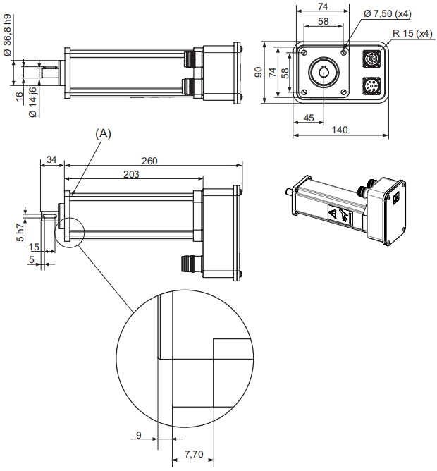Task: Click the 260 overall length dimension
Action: point(149,161)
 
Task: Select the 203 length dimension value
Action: point(130,174)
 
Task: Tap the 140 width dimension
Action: point(340,130)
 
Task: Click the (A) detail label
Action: point(104,133)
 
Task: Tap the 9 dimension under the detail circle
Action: point(139,435)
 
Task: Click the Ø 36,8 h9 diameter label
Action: point(8,36)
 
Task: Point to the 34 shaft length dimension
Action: point(51,161)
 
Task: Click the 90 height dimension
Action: point(259,72)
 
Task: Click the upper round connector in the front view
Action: point(371,58)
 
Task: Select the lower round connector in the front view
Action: point(371,87)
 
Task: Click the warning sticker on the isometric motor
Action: point(338,214)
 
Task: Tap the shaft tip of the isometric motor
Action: point(287,192)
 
